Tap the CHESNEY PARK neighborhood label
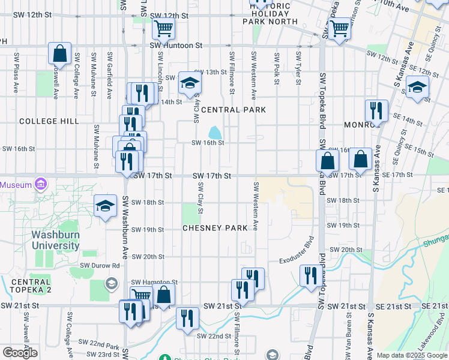[215, 229]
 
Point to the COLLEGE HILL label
[49, 121]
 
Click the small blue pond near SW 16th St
[214, 131]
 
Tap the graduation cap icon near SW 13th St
[190, 84]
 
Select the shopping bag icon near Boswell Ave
[60, 54]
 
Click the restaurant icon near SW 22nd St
[187, 318]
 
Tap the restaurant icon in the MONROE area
[376, 110]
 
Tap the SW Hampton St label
[154, 282]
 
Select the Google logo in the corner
[20, 353]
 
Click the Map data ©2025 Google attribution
[412, 355]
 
